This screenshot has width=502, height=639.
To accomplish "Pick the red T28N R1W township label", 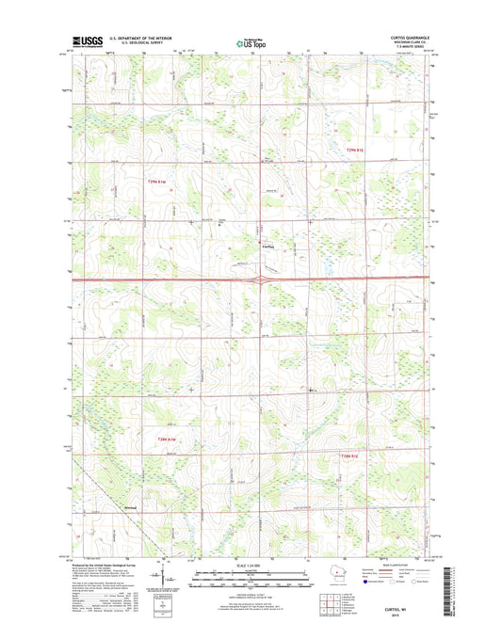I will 167,437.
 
